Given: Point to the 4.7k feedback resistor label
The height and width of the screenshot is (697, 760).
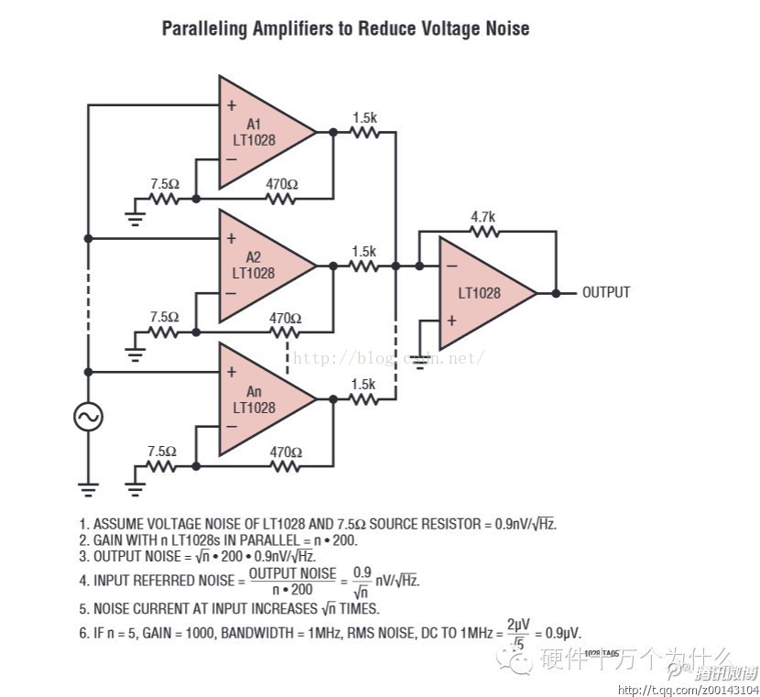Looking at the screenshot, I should [483, 217].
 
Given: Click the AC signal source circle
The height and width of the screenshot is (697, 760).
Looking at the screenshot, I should [89, 417].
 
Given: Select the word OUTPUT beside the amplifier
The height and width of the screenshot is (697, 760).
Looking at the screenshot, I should [606, 292].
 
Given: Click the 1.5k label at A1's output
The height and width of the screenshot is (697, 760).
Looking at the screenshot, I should [364, 116].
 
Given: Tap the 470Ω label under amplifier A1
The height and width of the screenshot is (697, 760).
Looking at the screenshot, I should [283, 183].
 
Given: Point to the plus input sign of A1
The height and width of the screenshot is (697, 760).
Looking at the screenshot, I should [232, 105].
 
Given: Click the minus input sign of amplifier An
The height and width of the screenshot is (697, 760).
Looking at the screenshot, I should [232, 427].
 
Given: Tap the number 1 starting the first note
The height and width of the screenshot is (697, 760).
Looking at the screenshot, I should [83, 524].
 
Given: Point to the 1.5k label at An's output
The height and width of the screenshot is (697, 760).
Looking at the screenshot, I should [364, 384].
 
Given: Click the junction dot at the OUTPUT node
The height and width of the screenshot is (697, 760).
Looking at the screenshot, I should [556, 293].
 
